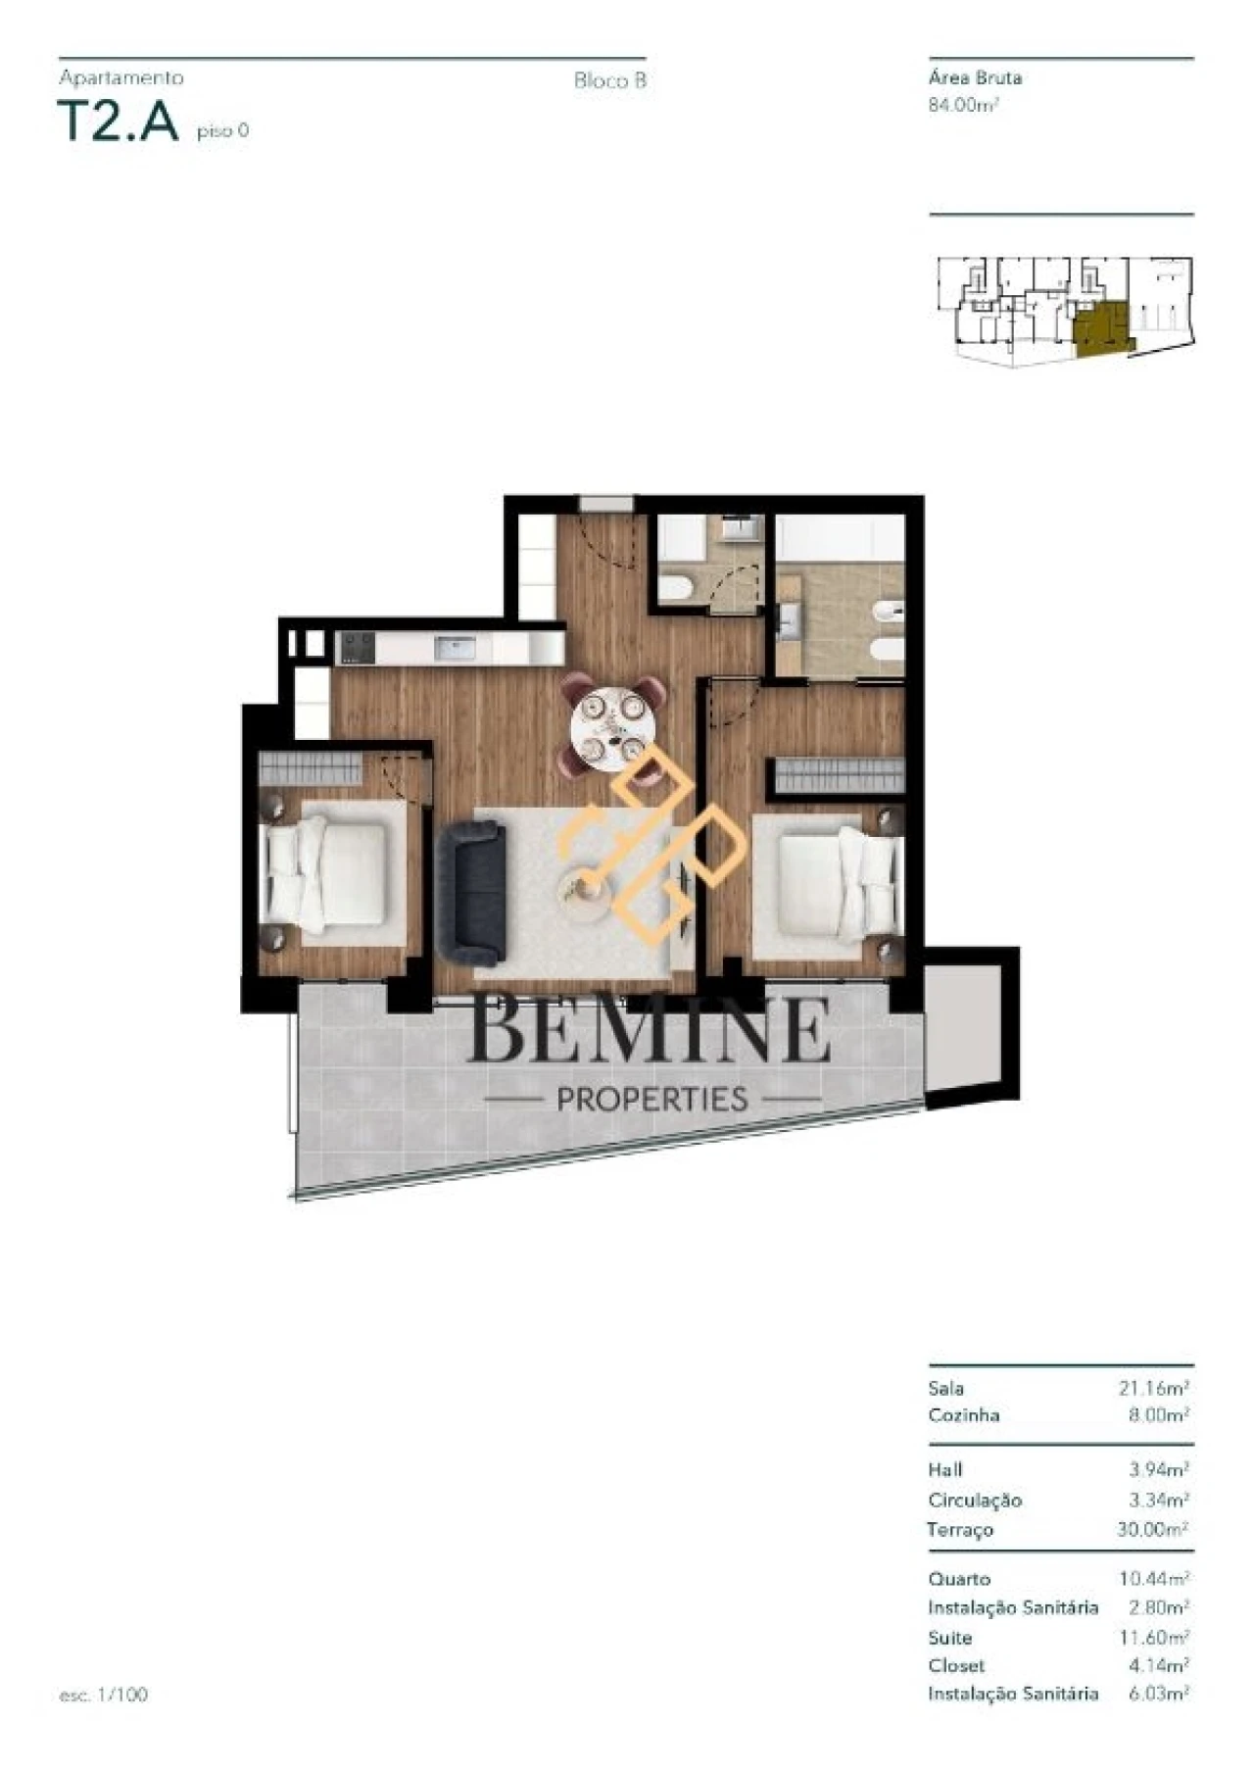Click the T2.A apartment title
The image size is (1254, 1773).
120,123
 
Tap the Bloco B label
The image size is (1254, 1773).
609,81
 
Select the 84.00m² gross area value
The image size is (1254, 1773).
963,106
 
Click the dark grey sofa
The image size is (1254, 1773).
473,892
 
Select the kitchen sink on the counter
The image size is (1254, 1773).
456,648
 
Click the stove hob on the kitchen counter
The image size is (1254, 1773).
356,648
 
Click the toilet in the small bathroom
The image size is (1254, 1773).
676,588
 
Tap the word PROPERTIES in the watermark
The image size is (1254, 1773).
651,1100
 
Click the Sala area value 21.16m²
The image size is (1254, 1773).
1153,1389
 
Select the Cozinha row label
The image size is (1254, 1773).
964,1415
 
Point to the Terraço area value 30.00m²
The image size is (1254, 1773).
1152,1529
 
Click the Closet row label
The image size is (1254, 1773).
956,1665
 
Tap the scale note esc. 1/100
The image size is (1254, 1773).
103,1695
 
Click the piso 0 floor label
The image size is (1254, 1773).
222,130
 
